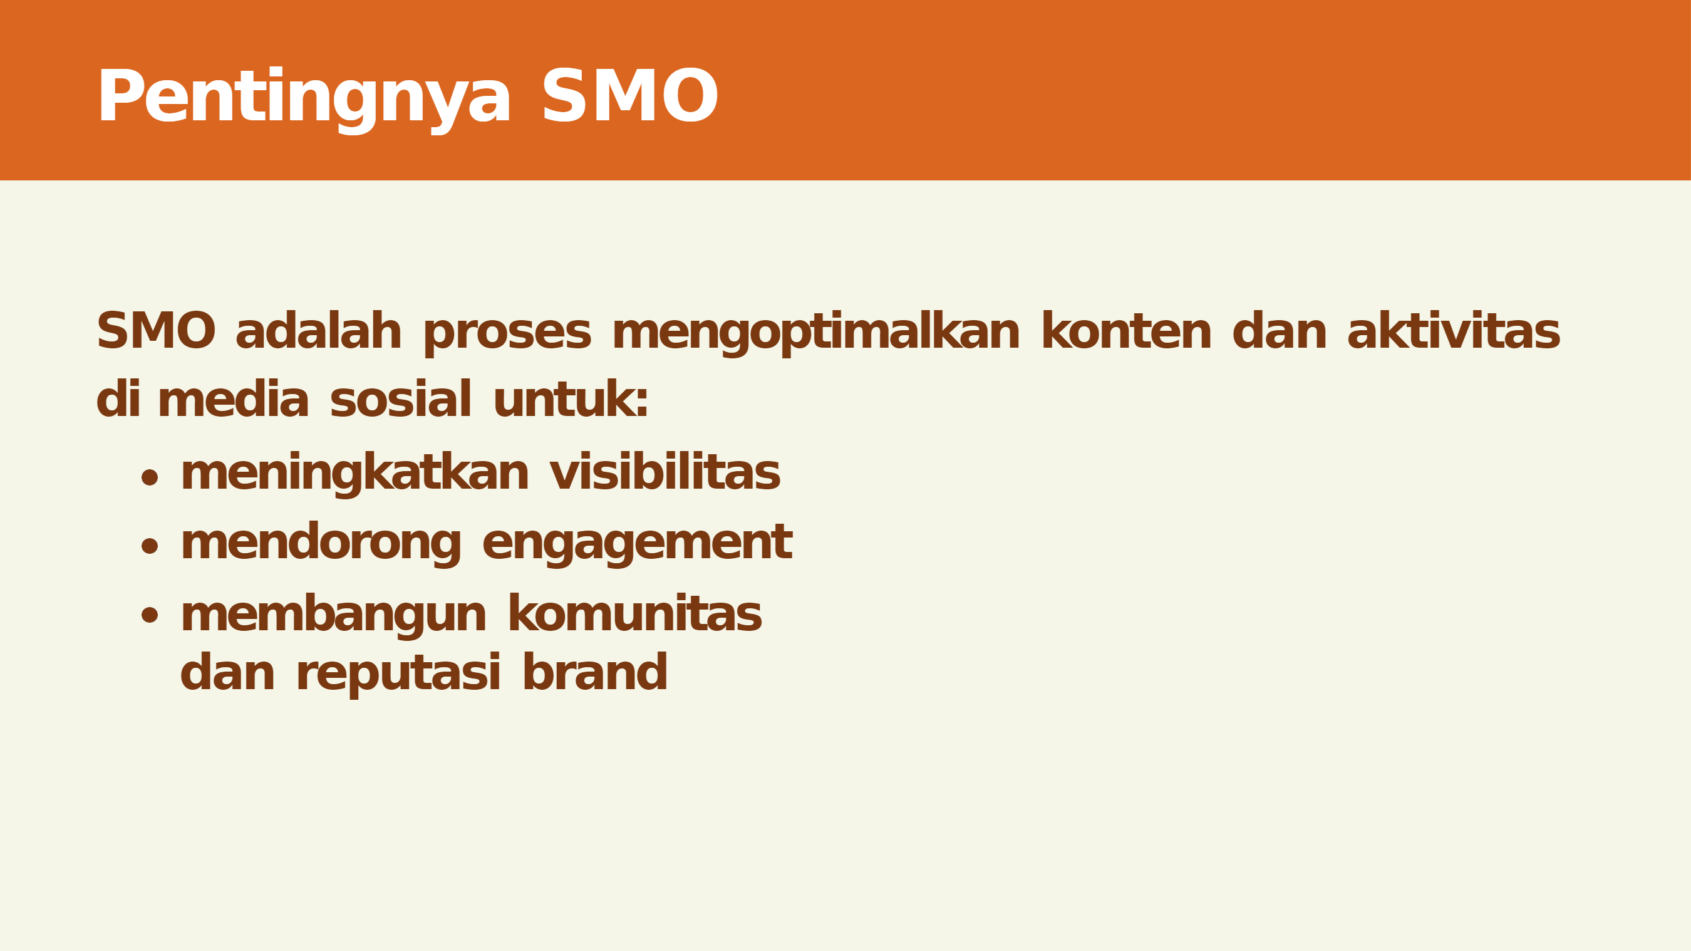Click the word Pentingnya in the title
click(303, 99)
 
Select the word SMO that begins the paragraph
click(156, 331)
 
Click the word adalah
click(318, 330)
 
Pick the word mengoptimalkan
click(816, 334)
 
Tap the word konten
click(1127, 331)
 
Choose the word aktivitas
click(1454, 330)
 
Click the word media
click(233, 398)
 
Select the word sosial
click(401, 398)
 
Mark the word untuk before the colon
click(564, 398)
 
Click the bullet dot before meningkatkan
click(150, 477)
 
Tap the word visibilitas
click(665, 472)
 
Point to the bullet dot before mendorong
click(150, 546)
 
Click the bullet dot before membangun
click(150, 615)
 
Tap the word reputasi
click(398, 675)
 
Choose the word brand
click(596, 672)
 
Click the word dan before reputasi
click(227, 672)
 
